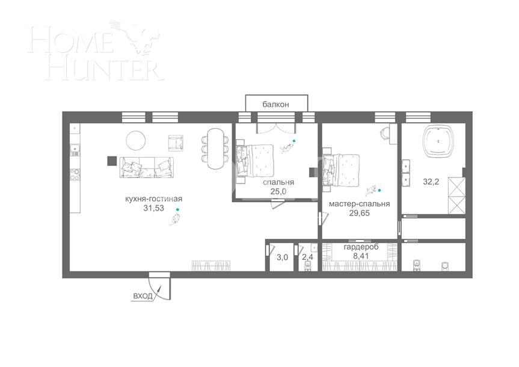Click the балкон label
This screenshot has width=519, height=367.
coord(275,104)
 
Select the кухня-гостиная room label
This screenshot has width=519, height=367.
coord(153,199)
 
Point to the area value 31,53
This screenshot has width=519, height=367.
coord(153,208)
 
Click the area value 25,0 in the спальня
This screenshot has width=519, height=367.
coord(278,191)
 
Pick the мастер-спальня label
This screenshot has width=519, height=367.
coord(359,203)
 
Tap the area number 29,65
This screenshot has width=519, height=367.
coord(359,213)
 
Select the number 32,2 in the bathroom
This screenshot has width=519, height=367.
coord(431,181)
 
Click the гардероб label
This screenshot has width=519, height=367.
coord(361,247)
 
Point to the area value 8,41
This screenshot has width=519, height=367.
coord(361,256)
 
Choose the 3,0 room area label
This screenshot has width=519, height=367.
coord(282,258)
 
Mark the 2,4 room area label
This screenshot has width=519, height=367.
coord(307,258)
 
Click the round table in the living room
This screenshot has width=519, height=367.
coord(135,141)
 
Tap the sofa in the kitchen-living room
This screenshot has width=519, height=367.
coord(147,167)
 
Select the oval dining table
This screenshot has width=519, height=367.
coord(215,146)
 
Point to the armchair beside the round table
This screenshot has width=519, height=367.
coord(176,143)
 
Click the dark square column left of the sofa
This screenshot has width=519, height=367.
coord(111,161)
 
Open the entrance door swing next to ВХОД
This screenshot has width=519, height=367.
coord(161,285)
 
